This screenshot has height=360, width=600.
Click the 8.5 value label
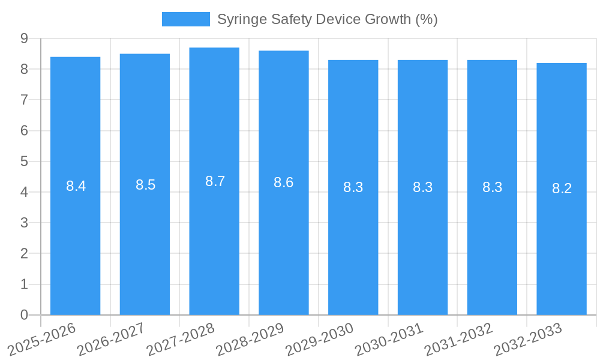(x=145, y=185)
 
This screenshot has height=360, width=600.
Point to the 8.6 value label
(x=283, y=182)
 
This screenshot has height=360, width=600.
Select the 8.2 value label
(x=562, y=188)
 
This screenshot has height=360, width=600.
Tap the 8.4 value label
(x=76, y=186)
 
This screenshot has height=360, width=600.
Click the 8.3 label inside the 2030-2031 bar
(x=422, y=187)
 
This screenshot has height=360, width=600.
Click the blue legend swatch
(x=185, y=19)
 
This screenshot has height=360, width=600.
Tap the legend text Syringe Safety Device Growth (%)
(x=327, y=19)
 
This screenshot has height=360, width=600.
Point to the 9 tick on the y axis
(x=24, y=38)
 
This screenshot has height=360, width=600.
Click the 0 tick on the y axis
(x=24, y=315)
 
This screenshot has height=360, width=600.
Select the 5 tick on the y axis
(x=24, y=161)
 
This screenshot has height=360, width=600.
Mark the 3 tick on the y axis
(x=24, y=223)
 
